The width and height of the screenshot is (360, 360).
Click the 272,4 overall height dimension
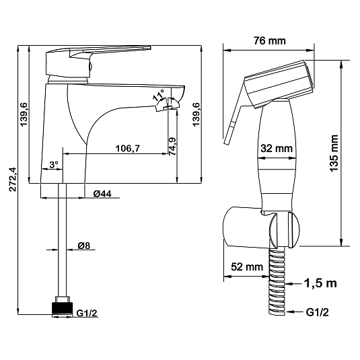point(13,179)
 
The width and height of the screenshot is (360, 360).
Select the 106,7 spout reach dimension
point(127,149)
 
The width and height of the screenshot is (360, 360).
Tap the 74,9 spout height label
point(172,147)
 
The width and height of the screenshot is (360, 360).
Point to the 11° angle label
point(158,95)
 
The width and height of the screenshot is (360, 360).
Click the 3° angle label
point(54,164)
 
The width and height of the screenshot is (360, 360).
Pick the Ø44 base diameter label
point(102,194)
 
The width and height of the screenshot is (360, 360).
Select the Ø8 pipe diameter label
point(84,246)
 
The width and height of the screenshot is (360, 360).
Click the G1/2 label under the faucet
point(87,313)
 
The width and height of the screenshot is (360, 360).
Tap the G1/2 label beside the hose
point(318,312)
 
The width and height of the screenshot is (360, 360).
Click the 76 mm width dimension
point(270,41)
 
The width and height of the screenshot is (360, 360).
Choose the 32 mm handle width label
point(277,148)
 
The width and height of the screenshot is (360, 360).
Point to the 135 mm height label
point(334,153)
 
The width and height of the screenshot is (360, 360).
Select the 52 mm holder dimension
point(247,266)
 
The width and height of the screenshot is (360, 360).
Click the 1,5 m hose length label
point(320,283)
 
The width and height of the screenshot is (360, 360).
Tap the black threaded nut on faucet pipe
point(62,309)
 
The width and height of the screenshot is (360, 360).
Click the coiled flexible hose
point(277,281)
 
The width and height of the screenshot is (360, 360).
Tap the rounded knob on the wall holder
point(293,230)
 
